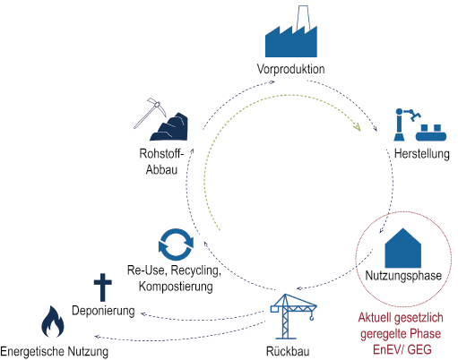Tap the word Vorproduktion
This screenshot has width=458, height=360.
[291, 69]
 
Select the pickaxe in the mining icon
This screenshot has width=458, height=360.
[149, 113]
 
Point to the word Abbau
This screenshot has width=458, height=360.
[161, 169]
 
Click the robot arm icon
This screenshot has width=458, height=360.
[405, 124]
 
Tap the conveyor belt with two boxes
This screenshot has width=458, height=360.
[431, 133]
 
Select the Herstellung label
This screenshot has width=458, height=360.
[422, 154]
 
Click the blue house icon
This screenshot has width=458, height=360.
[403, 248]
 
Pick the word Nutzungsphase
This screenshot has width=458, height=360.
[403, 276]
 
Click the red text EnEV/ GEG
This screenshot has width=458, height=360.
[402, 349]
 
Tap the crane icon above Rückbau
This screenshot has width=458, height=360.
[293, 316]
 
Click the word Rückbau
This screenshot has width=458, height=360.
[288, 351]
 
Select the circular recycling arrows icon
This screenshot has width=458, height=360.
[176, 244]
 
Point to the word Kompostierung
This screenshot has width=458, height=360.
[176, 287]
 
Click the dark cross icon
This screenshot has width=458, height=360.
[103, 287]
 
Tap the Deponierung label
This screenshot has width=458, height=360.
[103, 311]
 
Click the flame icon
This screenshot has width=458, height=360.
[53, 321]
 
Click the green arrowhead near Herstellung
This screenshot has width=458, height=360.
[357, 126]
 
